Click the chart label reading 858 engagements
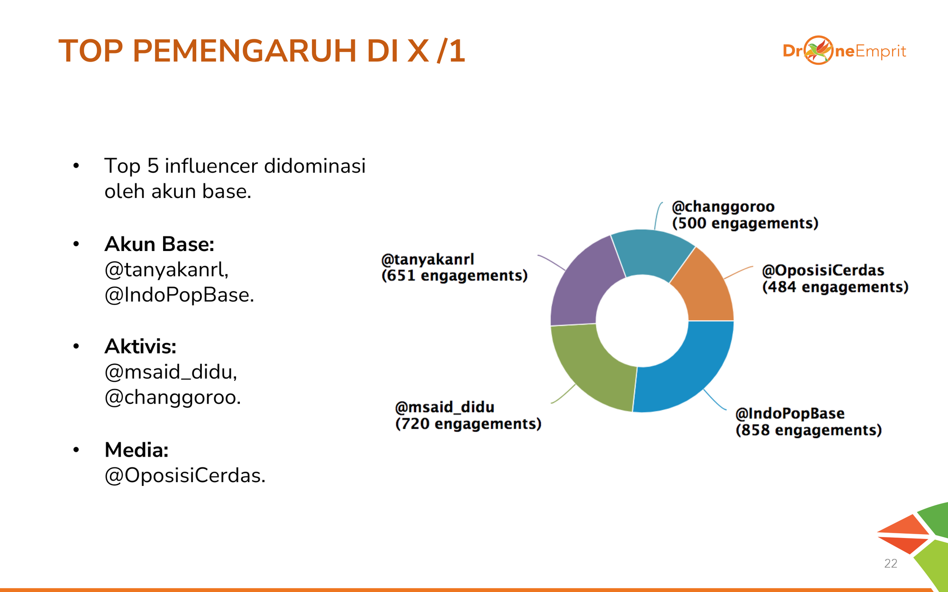(x=809, y=430)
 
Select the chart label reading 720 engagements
(x=468, y=423)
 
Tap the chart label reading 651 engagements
(x=455, y=275)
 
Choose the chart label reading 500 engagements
(x=745, y=223)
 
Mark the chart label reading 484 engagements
(x=835, y=287)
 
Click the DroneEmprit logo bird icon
(x=819, y=50)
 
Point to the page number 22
(x=891, y=563)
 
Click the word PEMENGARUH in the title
(x=245, y=51)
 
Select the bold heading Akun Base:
(x=159, y=244)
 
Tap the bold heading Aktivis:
(x=140, y=347)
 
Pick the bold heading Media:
(x=137, y=450)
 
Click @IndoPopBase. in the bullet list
(x=179, y=295)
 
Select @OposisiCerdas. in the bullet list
(x=185, y=475)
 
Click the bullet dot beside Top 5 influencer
(x=76, y=166)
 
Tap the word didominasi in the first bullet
(x=315, y=166)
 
